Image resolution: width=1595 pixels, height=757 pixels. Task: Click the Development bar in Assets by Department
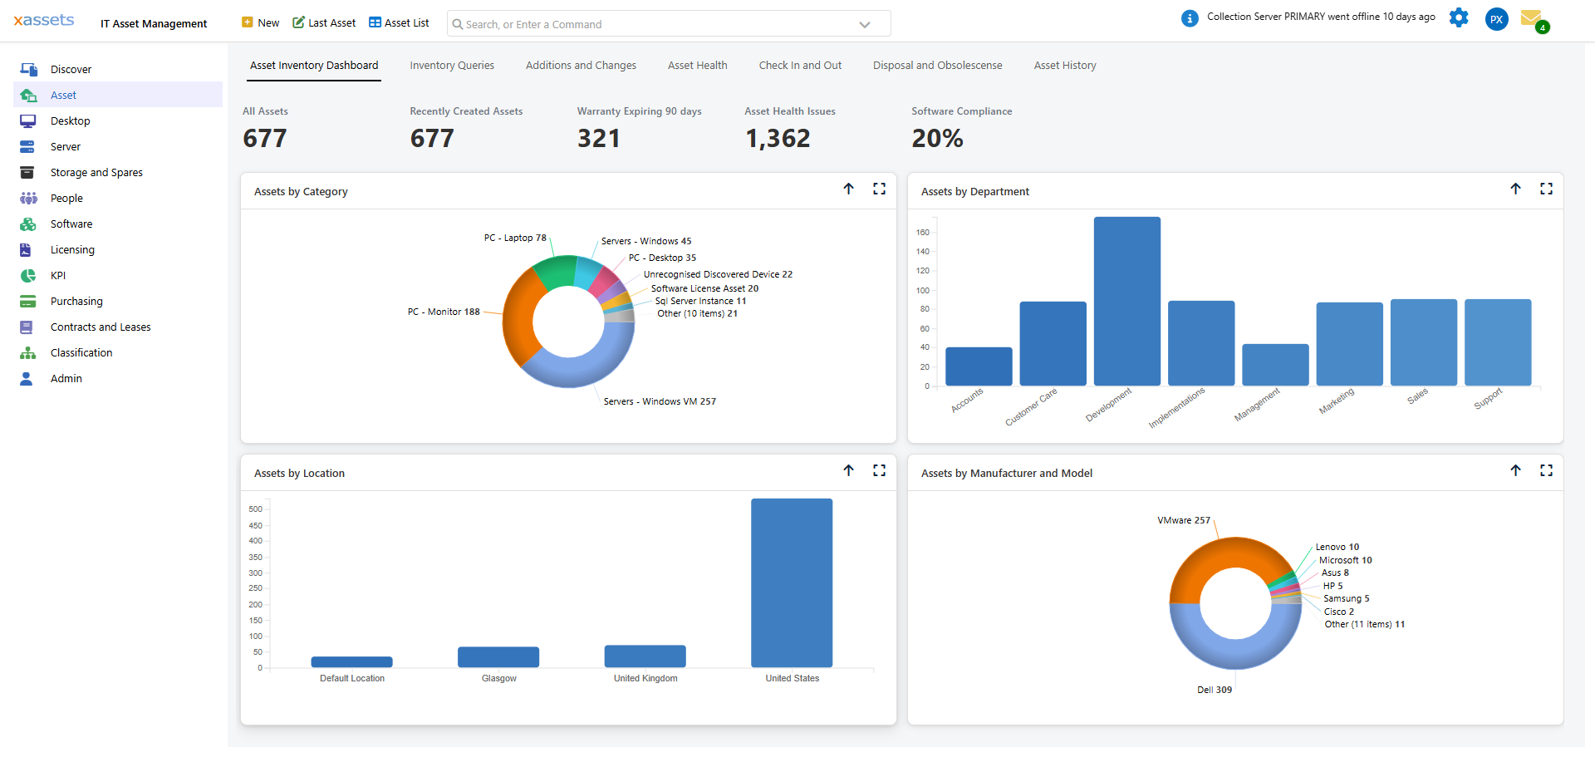click(1126, 302)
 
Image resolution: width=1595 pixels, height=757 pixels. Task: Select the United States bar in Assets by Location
click(791, 582)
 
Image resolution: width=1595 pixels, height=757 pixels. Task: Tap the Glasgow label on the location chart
click(498, 679)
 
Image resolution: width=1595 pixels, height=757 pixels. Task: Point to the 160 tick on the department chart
click(922, 233)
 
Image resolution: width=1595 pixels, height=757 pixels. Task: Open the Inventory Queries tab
click(451, 66)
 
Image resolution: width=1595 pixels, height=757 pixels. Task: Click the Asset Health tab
click(697, 66)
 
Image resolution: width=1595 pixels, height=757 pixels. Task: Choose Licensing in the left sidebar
click(72, 250)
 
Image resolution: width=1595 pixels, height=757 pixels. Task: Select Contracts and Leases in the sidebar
click(101, 327)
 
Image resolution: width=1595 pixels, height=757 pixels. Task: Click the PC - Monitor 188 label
click(444, 312)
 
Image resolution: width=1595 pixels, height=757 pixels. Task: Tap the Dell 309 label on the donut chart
click(1214, 690)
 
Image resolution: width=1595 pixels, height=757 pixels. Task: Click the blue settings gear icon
click(1458, 17)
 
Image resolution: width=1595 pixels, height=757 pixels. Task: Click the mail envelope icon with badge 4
click(1531, 17)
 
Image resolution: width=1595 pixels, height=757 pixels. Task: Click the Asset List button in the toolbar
click(399, 23)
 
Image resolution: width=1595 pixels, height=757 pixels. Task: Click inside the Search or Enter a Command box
click(656, 24)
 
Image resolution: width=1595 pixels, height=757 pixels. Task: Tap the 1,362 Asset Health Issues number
click(778, 138)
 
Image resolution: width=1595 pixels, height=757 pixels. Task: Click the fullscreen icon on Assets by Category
click(879, 189)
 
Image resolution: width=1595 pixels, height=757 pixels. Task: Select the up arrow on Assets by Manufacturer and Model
click(1515, 471)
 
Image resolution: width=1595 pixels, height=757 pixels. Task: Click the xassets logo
click(44, 20)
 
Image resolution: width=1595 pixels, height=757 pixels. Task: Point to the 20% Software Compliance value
click(937, 138)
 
